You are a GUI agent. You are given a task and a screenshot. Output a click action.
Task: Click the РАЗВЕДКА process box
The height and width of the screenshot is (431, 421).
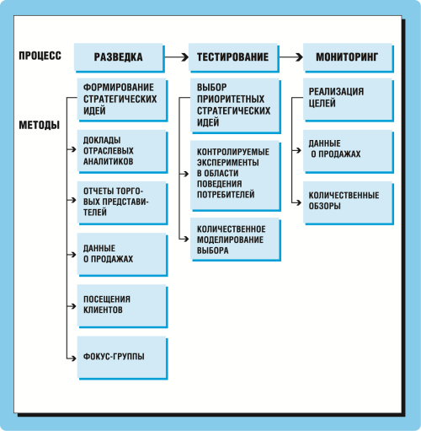click(120, 57)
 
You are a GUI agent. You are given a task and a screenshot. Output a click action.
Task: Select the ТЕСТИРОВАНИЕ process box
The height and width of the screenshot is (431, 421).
click(234, 57)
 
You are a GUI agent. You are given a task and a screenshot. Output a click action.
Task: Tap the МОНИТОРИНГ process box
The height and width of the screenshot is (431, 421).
click(349, 57)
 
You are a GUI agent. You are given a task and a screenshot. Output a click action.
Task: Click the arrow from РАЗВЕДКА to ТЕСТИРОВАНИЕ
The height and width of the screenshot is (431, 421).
click(177, 57)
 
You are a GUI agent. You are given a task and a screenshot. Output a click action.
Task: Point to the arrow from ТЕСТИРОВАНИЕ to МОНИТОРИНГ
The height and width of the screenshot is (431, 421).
click(291, 57)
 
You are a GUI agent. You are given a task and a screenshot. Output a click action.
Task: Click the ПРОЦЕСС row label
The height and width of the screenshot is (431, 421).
click(40, 56)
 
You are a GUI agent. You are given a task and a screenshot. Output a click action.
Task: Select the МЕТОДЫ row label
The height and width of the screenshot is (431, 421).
click(40, 125)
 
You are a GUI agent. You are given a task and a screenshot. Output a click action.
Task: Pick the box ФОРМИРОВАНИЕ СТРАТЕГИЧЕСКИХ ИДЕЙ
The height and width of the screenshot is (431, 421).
click(122, 100)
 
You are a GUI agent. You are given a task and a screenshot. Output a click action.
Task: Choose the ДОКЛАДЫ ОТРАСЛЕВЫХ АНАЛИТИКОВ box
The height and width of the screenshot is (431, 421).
click(122, 152)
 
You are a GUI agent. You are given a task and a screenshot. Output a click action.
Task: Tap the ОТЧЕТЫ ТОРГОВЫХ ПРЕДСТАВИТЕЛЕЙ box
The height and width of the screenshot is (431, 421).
click(122, 203)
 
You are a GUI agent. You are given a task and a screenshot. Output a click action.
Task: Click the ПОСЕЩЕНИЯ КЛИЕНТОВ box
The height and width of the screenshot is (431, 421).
click(122, 306)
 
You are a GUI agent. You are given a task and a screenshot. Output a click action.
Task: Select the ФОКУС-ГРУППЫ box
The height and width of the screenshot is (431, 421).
click(122, 358)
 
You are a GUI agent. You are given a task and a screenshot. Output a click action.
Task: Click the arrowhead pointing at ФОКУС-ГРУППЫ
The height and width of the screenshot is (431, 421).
click(74, 358)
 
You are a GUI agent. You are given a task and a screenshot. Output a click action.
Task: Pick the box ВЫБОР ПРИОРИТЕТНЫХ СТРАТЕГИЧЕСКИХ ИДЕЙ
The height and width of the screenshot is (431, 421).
click(236, 105)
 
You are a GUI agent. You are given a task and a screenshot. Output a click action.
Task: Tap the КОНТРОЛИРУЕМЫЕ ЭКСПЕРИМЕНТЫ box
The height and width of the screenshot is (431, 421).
click(236, 175)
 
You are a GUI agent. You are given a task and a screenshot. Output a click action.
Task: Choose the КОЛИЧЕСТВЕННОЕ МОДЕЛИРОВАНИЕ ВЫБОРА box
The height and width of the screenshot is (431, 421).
click(236, 240)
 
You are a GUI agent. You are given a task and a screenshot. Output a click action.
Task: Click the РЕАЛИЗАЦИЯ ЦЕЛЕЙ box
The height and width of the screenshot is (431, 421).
click(349, 100)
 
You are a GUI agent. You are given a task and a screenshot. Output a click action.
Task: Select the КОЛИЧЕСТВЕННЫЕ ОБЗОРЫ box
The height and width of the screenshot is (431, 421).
click(349, 203)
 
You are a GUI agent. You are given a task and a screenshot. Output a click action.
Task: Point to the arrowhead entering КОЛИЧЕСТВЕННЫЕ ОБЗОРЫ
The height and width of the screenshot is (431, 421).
click(299, 202)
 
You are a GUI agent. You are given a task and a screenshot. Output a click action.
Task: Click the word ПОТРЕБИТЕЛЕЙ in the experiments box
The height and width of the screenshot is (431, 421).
click(226, 194)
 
